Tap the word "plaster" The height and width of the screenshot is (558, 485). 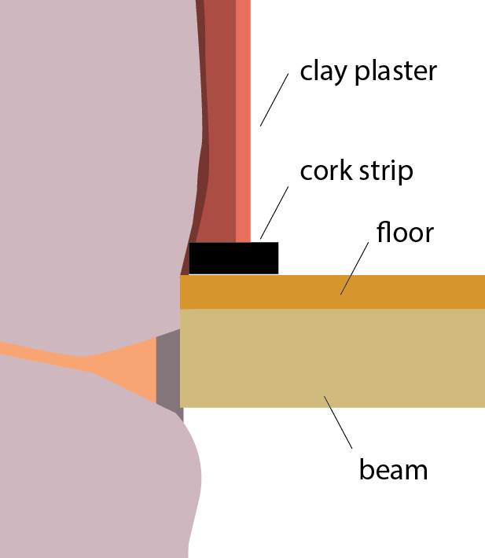pos(395,72)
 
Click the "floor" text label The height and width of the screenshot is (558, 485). pos(405,233)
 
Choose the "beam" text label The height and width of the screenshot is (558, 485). pos(393,469)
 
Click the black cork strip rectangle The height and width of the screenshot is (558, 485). pos(233,258)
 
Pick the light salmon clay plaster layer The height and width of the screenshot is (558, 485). pos(243,118)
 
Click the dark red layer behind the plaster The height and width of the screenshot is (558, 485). pos(222,118)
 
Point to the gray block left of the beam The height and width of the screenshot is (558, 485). pos(168,369)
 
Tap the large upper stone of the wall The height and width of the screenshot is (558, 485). pos(94,157)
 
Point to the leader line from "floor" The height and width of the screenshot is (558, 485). pos(354,268)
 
